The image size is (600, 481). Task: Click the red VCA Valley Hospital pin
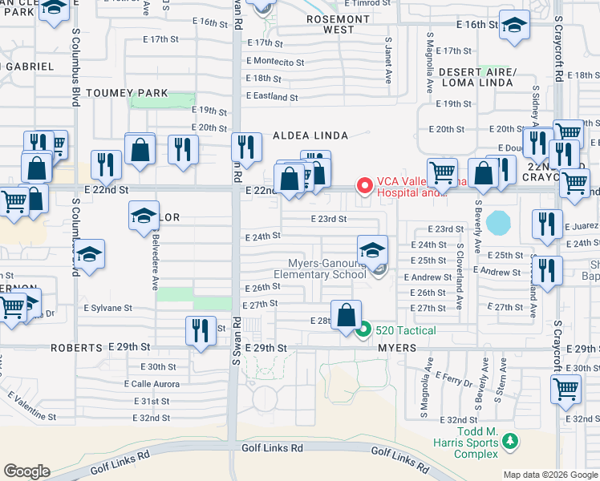pyautogui.click(x=365, y=187)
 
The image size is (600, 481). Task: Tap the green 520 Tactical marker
pyautogui.click(x=363, y=329)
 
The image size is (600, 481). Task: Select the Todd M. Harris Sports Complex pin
pyautogui.click(x=509, y=440)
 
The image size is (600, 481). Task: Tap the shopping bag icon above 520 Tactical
pyautogui.click(x=346, y=315)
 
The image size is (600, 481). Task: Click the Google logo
pyautogui.click(x=26, y=471)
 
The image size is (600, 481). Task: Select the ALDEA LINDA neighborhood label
pyautogui.click(x=302, y=136)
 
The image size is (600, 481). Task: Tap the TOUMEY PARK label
pyautogui.click(x=127, y=93)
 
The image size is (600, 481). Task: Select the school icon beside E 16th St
pyautogui.click(x=513, y=25)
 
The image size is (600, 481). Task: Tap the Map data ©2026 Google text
pyautogui.click(x=549, y=475)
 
